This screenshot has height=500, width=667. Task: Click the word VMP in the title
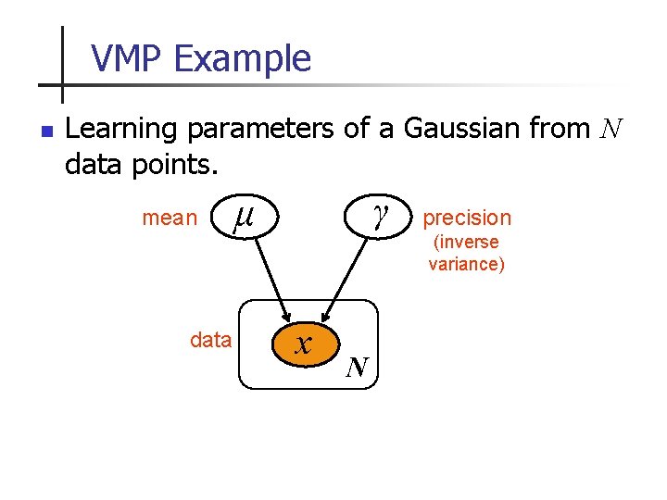(128, 59)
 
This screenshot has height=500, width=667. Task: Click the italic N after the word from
(611, 129)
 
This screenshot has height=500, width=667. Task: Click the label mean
(170, 219)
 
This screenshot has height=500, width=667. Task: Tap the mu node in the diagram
(244, 218)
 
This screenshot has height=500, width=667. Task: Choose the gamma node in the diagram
(378, 216)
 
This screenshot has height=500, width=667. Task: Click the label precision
(467, 218)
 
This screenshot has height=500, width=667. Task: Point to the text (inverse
(467, 243)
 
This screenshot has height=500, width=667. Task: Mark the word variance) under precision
(467, 264)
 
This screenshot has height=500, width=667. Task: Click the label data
(210, 341)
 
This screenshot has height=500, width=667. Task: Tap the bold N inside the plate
(357, 369)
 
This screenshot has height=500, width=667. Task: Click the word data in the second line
(99, 166)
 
